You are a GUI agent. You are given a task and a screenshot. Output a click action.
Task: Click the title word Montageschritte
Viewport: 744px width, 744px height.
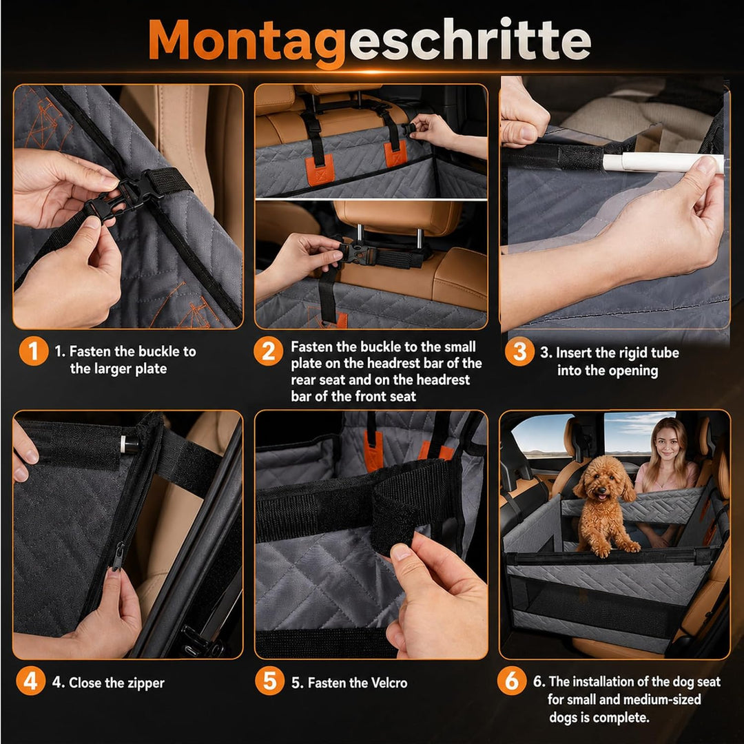click(370, 42)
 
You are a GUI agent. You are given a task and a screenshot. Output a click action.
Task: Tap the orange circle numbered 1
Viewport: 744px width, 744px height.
click(33, 351)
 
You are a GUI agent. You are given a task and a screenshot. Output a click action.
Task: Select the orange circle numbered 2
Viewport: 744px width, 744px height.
click(268, 351)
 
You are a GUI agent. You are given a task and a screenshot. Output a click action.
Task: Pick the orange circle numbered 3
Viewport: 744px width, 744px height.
click(519, 351)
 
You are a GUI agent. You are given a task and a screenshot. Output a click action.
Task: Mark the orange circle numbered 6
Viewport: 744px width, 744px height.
click(511, 681)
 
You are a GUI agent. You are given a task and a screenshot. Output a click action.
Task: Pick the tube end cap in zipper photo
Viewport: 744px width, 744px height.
click(128, 444)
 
